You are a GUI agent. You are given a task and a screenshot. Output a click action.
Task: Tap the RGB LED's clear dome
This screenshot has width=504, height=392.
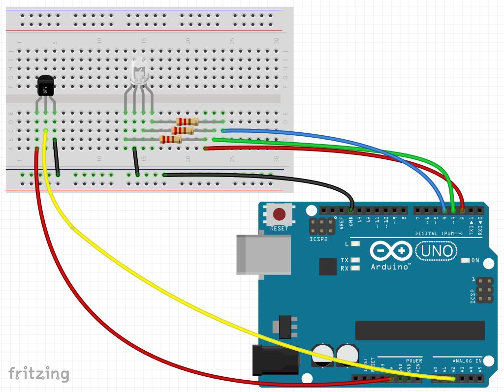(x=139, y=68)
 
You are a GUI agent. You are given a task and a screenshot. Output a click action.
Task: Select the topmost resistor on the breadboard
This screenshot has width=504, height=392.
(x=187, y=121)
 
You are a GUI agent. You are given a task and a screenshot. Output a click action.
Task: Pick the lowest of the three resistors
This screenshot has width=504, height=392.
(x=171, y=140)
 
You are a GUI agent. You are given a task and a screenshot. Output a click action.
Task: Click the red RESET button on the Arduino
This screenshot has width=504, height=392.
(x=280, y=214)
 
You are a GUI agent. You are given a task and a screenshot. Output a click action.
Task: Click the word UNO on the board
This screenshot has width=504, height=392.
(x=436, y=251)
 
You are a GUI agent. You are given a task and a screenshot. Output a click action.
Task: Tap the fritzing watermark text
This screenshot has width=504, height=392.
(x=39, y=374)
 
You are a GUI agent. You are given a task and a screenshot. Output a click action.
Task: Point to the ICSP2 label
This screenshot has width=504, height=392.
(x=318, y=240)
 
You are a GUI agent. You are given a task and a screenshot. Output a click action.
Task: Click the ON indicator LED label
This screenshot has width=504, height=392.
(x=475, y=260)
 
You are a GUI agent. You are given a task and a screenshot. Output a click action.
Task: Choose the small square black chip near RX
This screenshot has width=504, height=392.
(x=328, y=267)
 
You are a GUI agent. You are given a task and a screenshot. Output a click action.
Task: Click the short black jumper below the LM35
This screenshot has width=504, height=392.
(x=56, y=157)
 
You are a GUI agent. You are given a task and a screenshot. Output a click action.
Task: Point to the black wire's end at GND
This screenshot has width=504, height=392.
(x=351, y=210)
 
